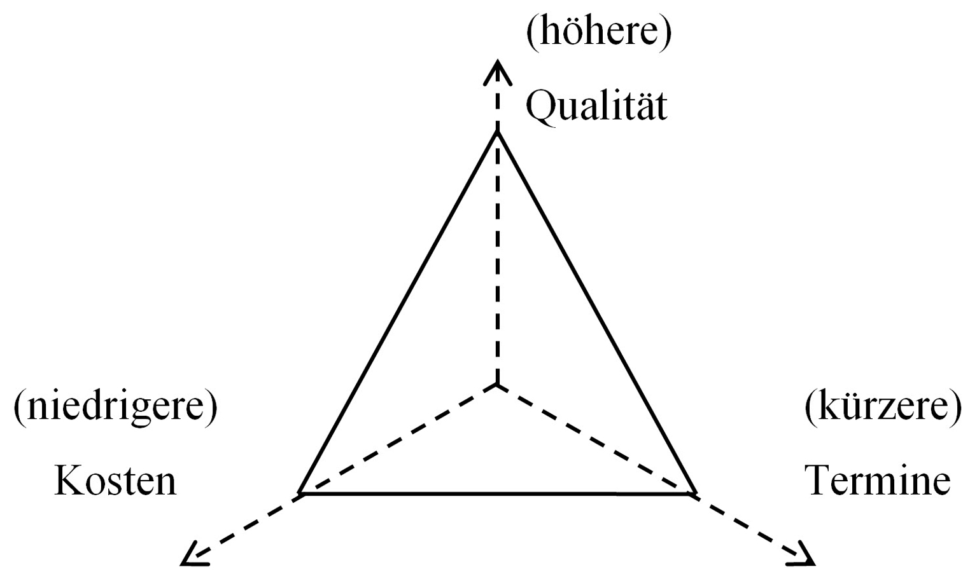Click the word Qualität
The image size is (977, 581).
click(596, 106)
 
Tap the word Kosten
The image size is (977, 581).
click(116, 481)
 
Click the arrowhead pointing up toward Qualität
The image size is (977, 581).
click(497, 72)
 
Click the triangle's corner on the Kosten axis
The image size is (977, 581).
click(300, 493)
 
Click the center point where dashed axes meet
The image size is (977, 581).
click(497, 385)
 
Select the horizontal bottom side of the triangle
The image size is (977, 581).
click(497, 494)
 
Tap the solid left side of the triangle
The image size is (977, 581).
click(398, 313)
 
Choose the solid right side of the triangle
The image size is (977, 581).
click(596, 313)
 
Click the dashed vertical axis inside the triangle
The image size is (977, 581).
click(497, 259)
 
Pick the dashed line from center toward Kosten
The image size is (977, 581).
click(398, 439)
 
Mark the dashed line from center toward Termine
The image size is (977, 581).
click(596, 439)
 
